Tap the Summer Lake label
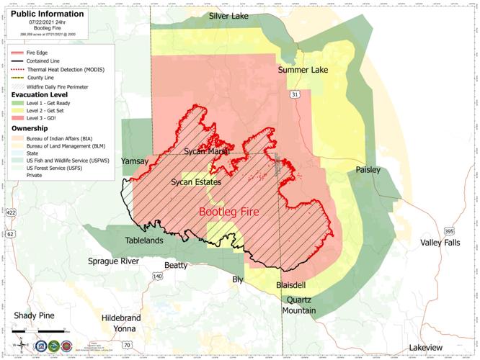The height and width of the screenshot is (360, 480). [303, 70]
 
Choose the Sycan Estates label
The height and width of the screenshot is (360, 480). [195, 183]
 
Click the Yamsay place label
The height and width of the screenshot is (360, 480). [135, 161]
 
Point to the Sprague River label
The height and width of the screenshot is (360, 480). [113, 260]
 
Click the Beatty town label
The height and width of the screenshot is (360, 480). [176, 266]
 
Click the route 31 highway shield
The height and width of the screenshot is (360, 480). [295, 94]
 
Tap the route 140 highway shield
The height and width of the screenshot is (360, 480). [157, 276]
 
